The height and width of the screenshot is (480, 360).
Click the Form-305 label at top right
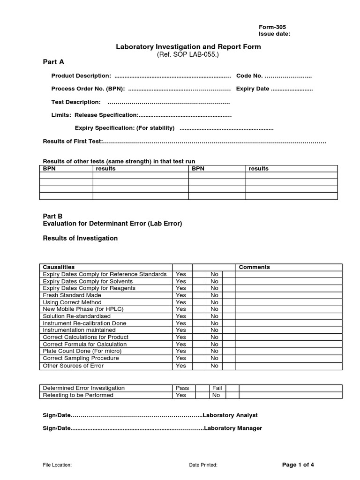(x=272, y=27)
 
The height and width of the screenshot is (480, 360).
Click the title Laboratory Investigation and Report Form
(x=188, y=47)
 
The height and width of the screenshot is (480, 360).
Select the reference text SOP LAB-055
(x=187, y=54)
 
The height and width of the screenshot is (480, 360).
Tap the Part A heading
(x=53, y=61)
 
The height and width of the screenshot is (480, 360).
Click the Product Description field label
(x=81, y=76)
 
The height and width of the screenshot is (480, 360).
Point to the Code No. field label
(x=250, y=76)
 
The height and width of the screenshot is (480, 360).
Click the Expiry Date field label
(x=253, y=89)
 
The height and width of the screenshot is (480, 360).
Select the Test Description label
(x=76, y=102)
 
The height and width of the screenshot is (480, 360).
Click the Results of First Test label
(x=73, y=141)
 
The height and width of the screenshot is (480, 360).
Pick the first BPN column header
(x=49, y=168)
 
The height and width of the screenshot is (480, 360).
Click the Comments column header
(x=254, y=267)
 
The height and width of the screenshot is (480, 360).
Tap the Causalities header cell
(x=59, y=267)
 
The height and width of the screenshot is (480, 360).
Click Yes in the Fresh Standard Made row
(x=180, y=295)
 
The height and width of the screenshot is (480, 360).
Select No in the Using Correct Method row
(x=214, y=302)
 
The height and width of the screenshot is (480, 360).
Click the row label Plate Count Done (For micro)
(x=82, y=351)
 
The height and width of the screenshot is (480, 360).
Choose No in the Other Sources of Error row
(x=214, y=366)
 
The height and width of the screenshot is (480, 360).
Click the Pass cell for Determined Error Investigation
(x=182, y=388)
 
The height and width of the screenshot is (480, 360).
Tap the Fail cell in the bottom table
(x=217, y=388)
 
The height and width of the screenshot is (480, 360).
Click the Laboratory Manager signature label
(x=233, y=428)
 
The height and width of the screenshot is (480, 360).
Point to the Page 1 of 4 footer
(x=298, y=465)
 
